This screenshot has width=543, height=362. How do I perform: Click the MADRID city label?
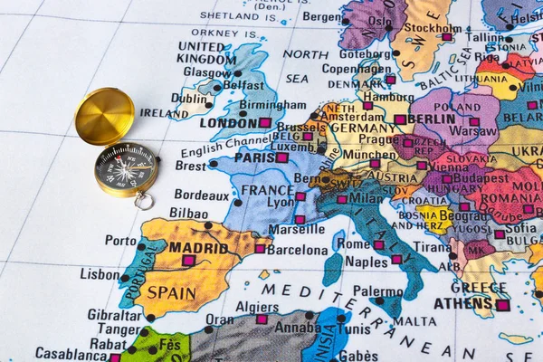197,247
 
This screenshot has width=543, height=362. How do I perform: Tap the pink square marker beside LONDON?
265,122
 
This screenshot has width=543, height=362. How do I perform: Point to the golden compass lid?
104,116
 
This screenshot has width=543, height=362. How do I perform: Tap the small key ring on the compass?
144,201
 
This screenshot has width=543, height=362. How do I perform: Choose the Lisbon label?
100,273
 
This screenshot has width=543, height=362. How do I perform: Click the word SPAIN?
171,293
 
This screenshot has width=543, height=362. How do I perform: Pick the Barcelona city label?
297,250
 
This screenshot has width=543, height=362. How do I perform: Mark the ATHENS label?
462,303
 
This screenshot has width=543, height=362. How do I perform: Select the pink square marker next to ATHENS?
502,305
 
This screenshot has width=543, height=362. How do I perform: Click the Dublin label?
191,98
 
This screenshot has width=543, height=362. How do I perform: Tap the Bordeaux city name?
201,195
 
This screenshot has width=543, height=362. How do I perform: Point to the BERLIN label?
432,119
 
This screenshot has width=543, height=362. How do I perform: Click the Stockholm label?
428,28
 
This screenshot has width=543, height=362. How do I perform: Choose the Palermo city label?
377,291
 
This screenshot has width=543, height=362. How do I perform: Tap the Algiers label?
257,307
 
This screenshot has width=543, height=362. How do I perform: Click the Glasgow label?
207,72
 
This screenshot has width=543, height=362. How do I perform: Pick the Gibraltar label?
114,315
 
